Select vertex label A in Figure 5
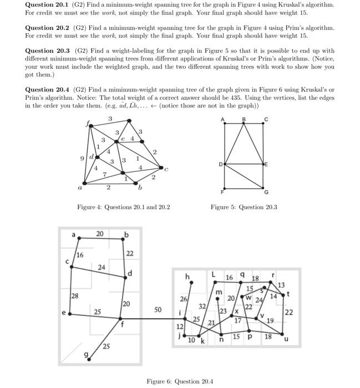223,119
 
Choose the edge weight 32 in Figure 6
203,306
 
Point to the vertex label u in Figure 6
286,341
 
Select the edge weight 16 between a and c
80,255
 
